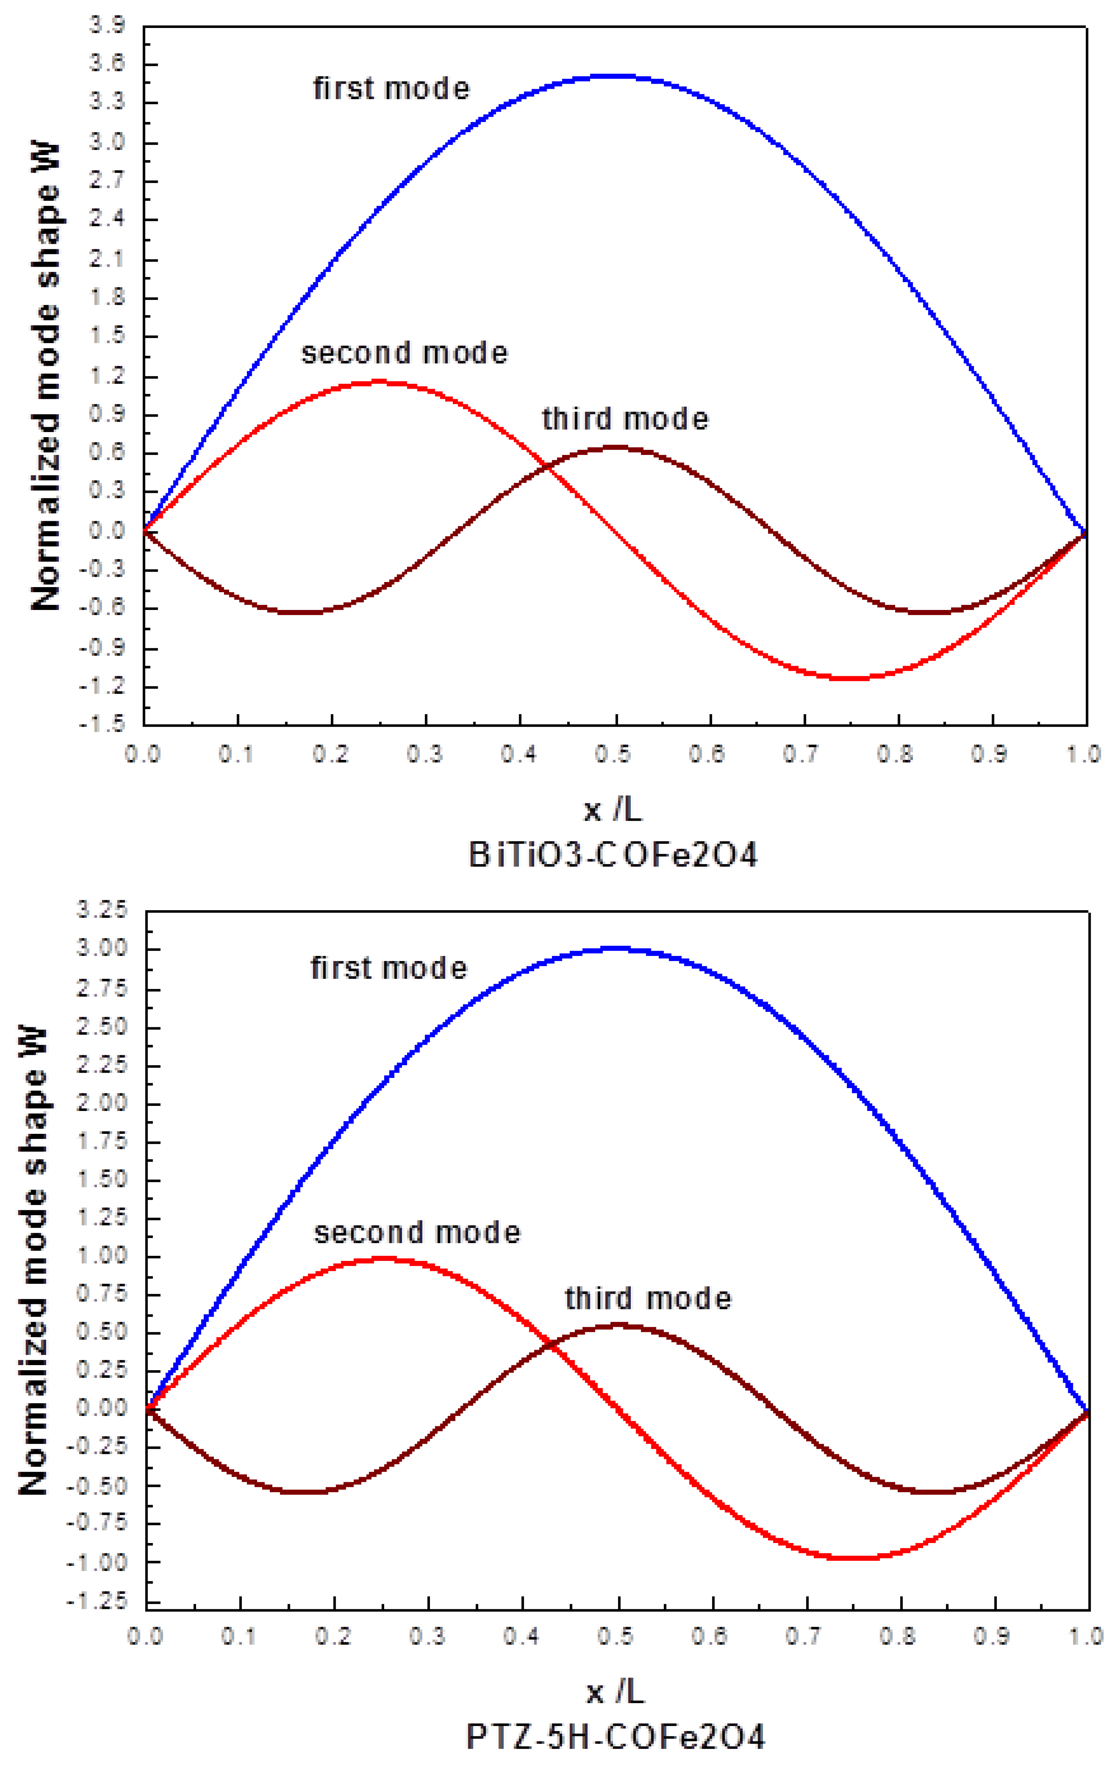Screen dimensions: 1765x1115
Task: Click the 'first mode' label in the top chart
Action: tap(391, 89)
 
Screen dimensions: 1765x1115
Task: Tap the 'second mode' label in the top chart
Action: tap(404, 353)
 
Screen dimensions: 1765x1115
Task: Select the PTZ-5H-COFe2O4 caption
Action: tap(616, 1736)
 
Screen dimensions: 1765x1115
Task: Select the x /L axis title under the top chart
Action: tap(613, 810)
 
